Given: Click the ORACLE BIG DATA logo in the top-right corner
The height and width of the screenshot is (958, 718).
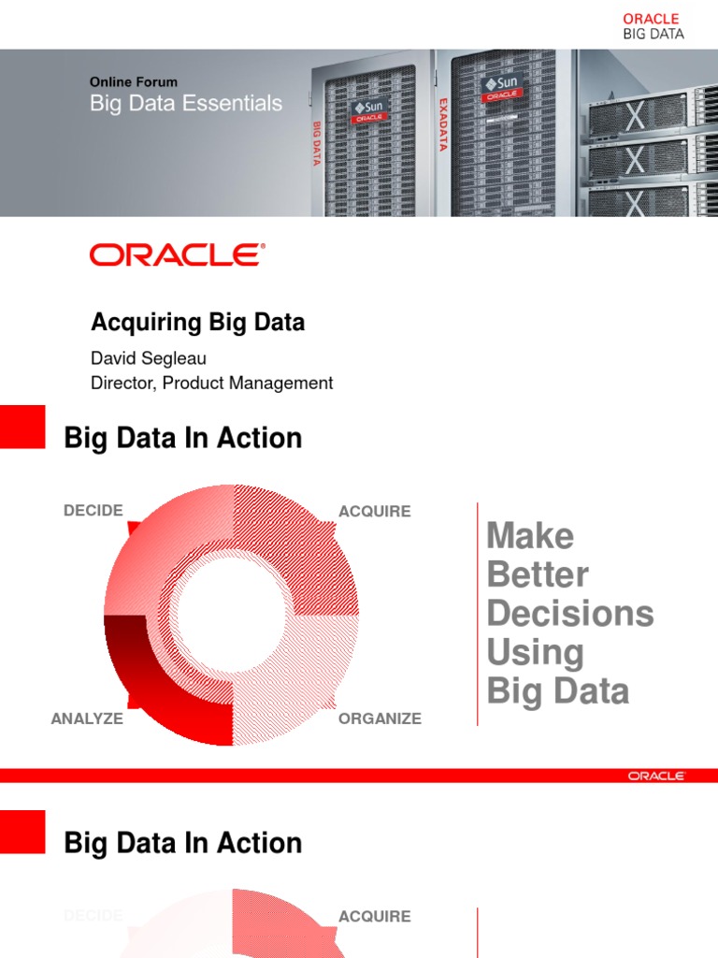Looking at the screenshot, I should pyautogui.click(x=653, y=26).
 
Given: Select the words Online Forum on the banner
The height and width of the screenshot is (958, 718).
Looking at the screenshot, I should pyautogui.click(x=134, y=82).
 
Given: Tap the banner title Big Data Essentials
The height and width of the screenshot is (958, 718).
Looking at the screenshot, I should pyautogui.click(x=186, y=103).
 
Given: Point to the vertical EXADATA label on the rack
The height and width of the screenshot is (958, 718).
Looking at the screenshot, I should pyautogui.click(x=443, y=123).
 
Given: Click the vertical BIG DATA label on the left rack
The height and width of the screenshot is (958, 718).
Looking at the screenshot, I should pyautogui.click(x=316, y=142).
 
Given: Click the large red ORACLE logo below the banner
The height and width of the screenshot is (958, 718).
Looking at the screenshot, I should pyautogui.click(x=178, y=254).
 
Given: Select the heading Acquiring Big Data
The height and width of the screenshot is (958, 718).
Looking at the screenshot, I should pyautogui.click(x=197, y=323).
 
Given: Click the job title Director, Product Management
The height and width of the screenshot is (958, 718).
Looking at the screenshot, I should pyautogui.click(x=211, y=383).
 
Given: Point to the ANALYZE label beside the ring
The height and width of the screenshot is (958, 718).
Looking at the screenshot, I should pyautogui.click(x=87, y=719).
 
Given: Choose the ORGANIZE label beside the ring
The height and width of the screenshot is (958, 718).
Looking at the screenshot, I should pyautogui.click(x=380, y=719).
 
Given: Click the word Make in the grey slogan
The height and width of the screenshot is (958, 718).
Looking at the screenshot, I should pyautogui.click(x=531, y=536).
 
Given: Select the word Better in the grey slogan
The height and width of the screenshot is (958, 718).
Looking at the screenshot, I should pyautogui.click(x=538, y=574).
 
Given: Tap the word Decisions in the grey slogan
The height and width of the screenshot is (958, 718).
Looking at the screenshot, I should pyautogui.click(x=570, y=614).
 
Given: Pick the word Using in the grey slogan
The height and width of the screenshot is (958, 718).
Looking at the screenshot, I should pyautogui.click(x=536, y=652).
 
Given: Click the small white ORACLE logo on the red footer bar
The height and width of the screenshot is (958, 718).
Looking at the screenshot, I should pyautogui.click(x=656, y=776).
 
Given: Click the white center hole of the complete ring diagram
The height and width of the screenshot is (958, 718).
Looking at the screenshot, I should pyautogui.click(x=231, y=616).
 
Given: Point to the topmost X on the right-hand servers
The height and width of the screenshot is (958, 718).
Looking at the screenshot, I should pyautogui.click(x=636, y=118).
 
